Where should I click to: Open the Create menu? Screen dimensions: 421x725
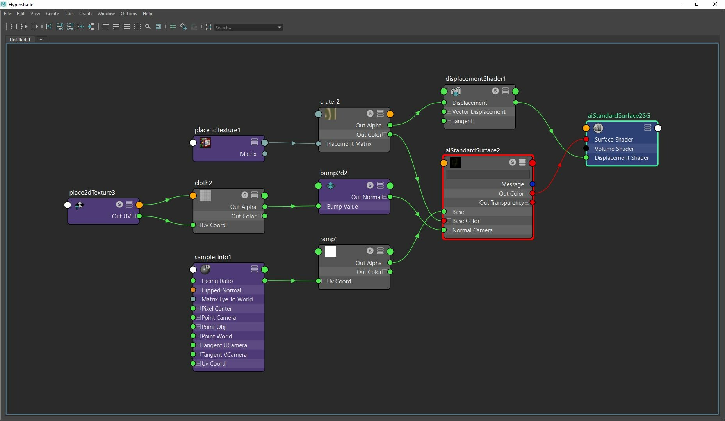(x=52, y=14)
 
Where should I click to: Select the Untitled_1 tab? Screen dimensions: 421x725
(x=20, y=40)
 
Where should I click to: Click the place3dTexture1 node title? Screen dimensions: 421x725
(x=217, y=130)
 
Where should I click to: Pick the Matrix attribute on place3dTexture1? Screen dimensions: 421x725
(x=248, y=154)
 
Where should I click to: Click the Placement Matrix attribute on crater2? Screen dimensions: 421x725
(x=349, y=144)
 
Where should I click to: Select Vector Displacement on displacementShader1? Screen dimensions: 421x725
(x=479, y=112)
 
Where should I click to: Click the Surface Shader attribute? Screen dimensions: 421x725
(x=613, y=140)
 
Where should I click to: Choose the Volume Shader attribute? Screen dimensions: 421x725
(x=614, y=149)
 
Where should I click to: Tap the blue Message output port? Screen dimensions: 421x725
(x=532, y=184)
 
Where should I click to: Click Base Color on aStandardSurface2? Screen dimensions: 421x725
(x=466, y=221)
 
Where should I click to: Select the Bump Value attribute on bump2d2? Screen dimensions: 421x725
(x=342, y=207)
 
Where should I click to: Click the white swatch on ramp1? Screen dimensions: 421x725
(x=330, y=251)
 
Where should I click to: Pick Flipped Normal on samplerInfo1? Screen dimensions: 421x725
(x=221, y=290)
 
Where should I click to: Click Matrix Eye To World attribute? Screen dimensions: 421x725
(x=227, y=299)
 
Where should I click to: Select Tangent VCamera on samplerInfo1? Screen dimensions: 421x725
(x=224, y=355)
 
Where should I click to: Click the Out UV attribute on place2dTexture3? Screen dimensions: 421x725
(x=121, y=216)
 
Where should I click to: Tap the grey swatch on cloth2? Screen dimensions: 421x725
(x=205, y=195)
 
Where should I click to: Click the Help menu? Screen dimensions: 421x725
(x=147, y=14)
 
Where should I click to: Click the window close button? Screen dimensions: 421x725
(x=715, y=4)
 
